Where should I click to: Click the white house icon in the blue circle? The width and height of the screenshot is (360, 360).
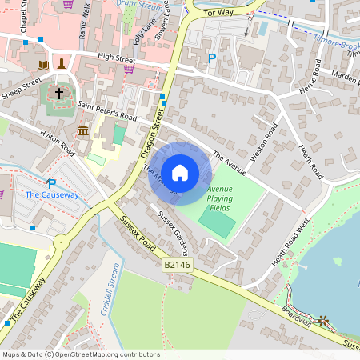[180, 172]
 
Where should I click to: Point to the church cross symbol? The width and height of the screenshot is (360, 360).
[59, 94]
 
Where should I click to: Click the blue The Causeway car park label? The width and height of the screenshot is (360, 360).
[52, 194]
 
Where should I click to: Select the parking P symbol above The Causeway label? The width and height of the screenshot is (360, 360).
[52, 183]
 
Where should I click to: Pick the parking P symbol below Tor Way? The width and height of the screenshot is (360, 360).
[212, 58]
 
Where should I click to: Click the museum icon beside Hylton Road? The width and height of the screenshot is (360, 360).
[83, 130]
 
